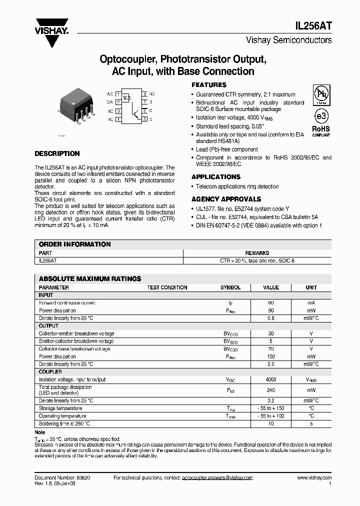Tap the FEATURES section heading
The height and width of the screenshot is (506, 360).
click(x=209, y=85)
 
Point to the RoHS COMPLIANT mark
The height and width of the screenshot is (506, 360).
click(x=321, y=131)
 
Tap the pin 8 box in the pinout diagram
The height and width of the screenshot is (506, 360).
click(x=144, y=94)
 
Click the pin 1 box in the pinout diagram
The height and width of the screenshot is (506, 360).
click(x=117, y=94)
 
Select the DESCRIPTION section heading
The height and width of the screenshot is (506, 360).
click(x=57, y=154)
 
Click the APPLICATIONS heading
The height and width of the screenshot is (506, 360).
click(x=215, y=177)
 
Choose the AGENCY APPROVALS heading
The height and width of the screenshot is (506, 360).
click(x=226, y=199)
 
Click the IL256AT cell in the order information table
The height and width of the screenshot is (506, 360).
click(x=48, y=260)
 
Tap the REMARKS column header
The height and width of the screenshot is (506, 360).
click(x=257, y=253)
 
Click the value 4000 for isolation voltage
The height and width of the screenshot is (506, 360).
click(x=271, y=379)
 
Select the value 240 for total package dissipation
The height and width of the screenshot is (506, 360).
click(x=271, y=390)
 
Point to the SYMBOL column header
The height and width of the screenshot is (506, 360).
click(x=230, y=287)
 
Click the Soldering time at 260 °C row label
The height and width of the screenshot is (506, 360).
click(x=64, y=423)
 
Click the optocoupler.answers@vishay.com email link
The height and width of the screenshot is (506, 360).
click(x=217, y=477)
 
